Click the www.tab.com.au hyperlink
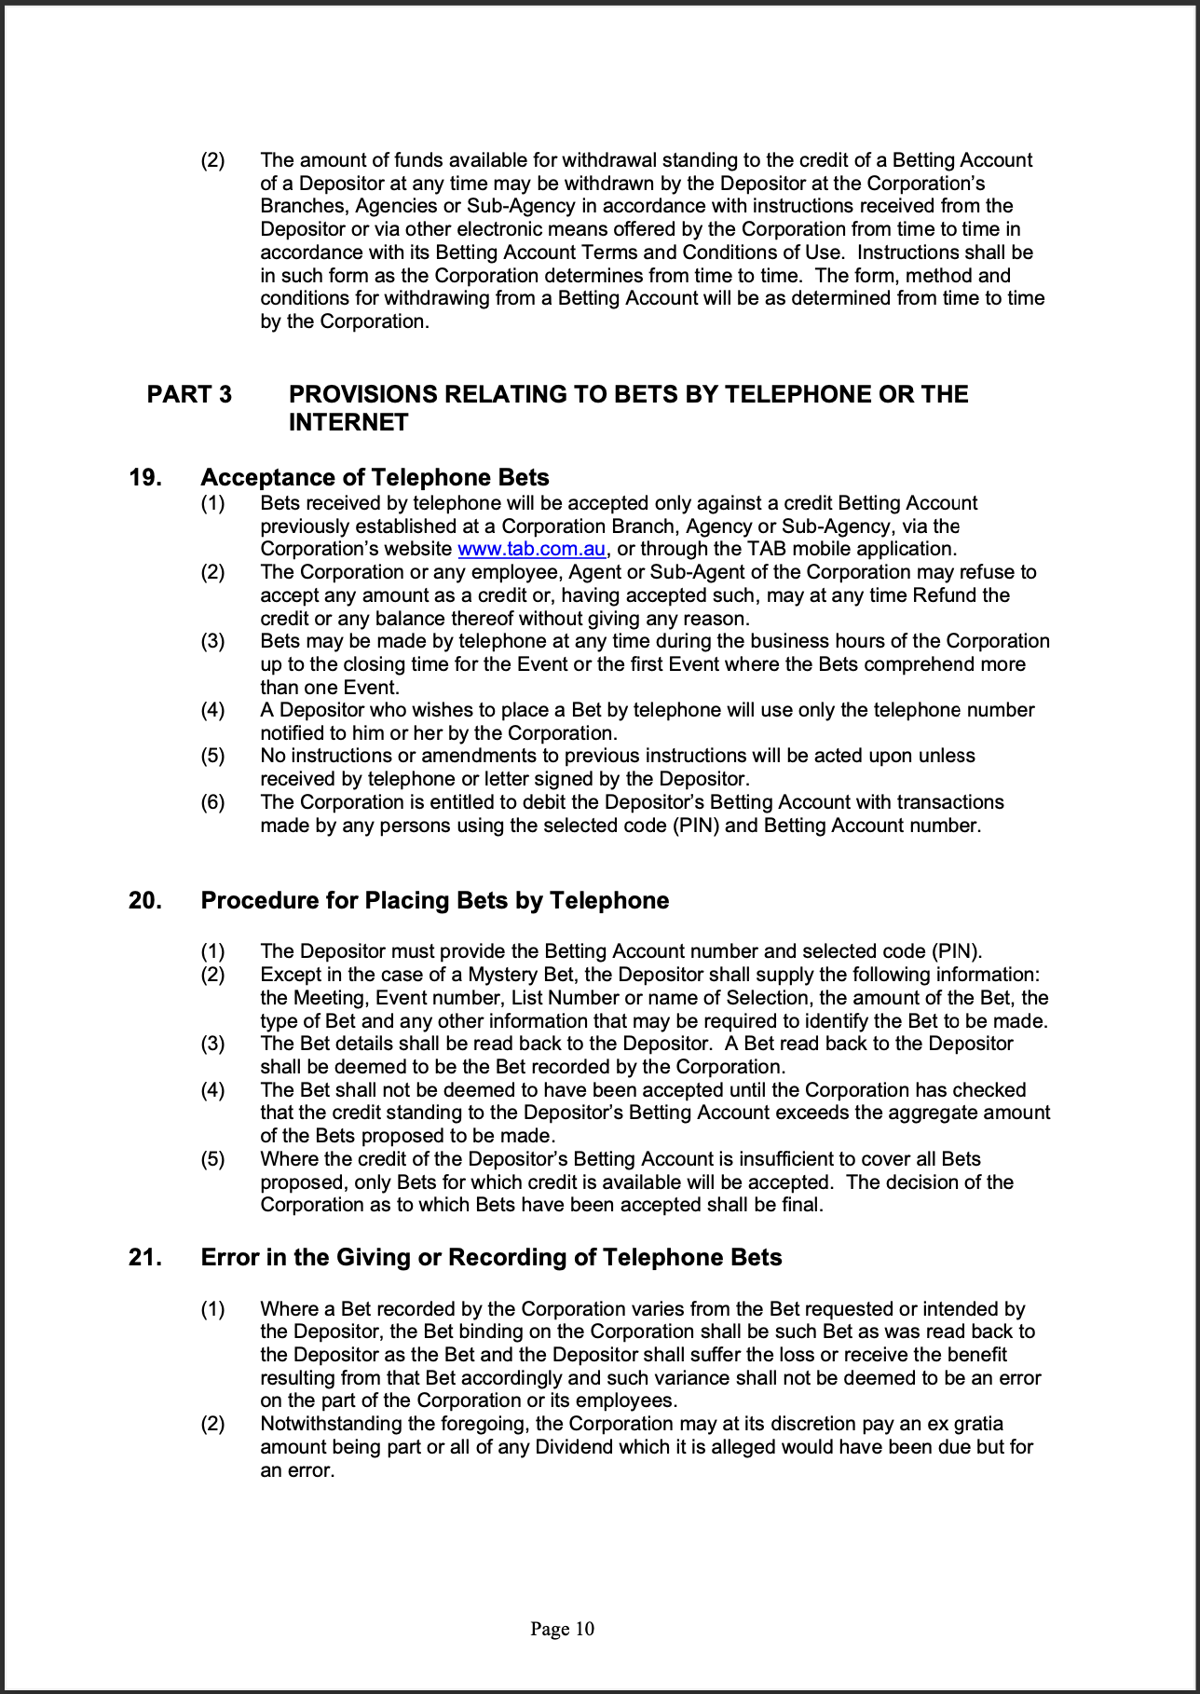(531, 549)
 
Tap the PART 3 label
(189, 394)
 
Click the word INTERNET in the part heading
(348, 422)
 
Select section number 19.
(144, 477)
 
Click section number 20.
(144, 900)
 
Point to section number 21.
(144, 1257)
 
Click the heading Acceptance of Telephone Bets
(375, 477)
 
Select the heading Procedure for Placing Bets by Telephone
(435, 900)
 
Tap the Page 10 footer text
(562, 1629)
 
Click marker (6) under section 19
(212, 802)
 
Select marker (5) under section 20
(212, 1159)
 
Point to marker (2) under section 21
(212, 1424)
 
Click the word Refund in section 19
(978, 595)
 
